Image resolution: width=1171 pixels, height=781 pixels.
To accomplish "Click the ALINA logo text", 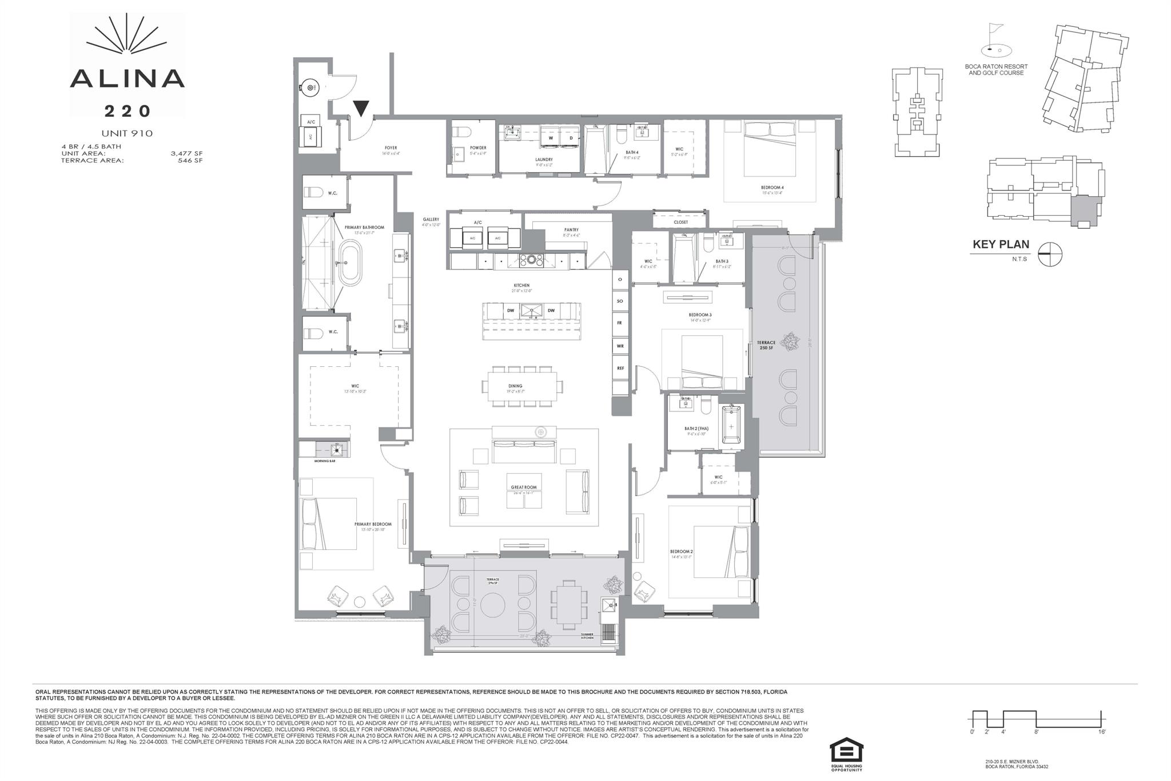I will [127, 78].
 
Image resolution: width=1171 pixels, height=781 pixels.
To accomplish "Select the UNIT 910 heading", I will [127, 133].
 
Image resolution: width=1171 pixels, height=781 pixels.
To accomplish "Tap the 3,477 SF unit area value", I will [186, 153].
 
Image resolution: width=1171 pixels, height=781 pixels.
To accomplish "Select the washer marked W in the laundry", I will [551, 138].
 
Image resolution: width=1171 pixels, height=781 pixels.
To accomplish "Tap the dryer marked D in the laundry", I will [570, 138].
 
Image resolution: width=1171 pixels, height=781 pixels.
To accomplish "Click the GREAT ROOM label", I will [524, 487].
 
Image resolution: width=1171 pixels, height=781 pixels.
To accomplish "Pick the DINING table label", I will [515, 386].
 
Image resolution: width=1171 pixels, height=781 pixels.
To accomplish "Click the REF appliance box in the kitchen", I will [620, 368].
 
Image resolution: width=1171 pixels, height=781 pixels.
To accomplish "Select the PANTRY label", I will [571, 229].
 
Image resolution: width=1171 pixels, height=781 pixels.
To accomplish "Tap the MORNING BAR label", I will [324, 461].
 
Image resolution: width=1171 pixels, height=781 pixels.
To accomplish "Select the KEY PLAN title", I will [1001, 244].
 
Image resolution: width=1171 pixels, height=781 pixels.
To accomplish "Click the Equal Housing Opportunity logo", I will [846, 754].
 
